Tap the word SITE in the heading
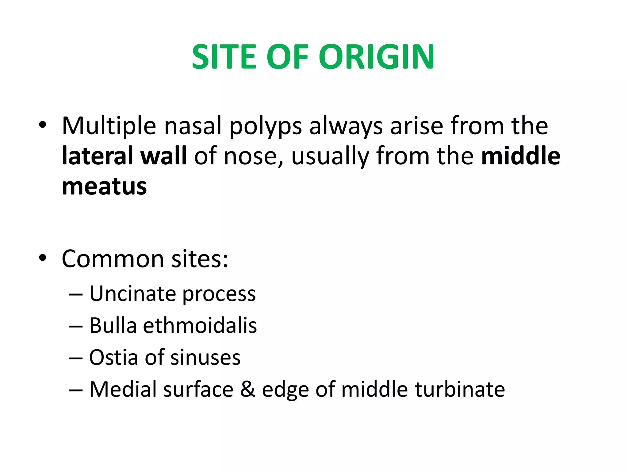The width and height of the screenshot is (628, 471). point(224,57)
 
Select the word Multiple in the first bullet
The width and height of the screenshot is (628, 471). point(109,126)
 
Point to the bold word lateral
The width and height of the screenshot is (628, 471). point(98,156)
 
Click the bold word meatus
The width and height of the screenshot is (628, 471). point(104,186)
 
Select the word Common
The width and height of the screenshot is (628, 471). point(113,259)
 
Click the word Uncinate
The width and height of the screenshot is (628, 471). point(132,294)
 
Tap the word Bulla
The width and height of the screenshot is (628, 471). point(113,325)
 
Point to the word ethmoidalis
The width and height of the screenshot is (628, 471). point(200,325)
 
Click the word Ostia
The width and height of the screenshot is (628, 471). point(113,358)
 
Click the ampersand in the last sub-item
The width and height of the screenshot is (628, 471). point(247,389)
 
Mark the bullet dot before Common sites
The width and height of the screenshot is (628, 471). point(43,258)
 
